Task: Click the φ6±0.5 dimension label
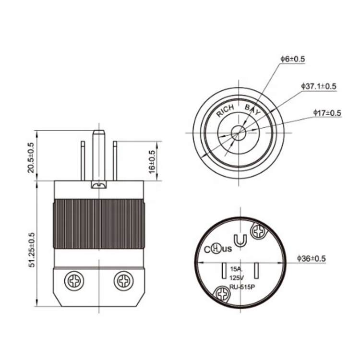coord(293,59)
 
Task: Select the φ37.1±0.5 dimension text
coord(319,86)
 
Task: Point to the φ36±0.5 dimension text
coord(312,258)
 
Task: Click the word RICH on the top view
coord(225,111)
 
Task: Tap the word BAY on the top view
coord(253,109)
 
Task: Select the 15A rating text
coord(236,269)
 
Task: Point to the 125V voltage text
coord(236,278)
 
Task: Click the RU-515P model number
coord(242,287)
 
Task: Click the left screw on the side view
coord(75,280)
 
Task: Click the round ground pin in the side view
coord(98,154)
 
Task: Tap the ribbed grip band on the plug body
coord(98,223)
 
